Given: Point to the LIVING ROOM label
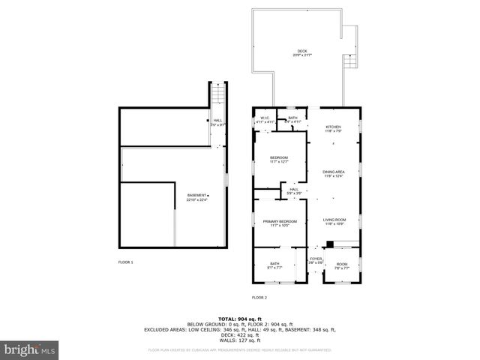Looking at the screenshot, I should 333,220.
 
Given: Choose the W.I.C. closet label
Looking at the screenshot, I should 264,119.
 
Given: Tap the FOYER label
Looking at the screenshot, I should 316,260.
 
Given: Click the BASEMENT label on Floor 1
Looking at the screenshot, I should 197,197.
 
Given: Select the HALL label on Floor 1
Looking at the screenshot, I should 217,122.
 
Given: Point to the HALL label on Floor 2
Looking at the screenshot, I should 295,190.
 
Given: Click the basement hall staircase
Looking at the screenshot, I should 219,96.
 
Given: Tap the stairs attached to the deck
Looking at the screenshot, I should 350,62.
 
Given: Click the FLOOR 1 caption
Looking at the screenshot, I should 125,262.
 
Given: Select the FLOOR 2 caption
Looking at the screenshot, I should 259,298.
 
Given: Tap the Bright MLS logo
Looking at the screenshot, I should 30,349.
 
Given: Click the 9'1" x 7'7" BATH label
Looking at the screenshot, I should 275,265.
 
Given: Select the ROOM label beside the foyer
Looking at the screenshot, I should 342,265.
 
